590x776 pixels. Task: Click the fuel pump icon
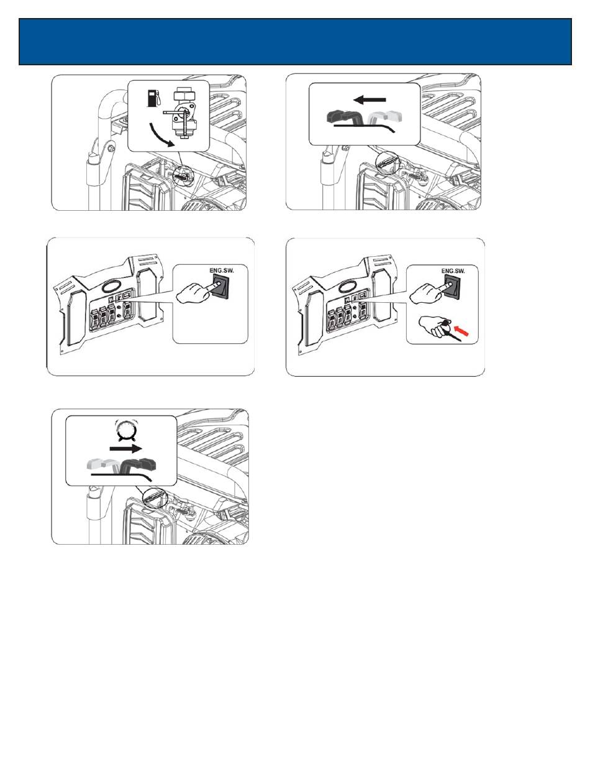pyautogui.click(x=153, y=98)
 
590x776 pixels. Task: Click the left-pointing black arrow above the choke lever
pyautogui.click(x=370, y=99)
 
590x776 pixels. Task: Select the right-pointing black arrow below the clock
pyautogui.click(x=125, y=449)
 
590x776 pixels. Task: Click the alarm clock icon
pyautogui.click(x=125, y=430)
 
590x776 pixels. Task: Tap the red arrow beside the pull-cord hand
pyautogui.click(x=461, y=331)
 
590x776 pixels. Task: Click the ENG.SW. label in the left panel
pyautogui.click(x=221, y=270)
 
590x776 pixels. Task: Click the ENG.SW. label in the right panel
pyautogui.click(x=453, y=271)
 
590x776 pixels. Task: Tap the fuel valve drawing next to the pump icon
pyautogui.click(x=182, y=113)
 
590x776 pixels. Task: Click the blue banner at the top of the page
pyautogui.click(x=295, y=42)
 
